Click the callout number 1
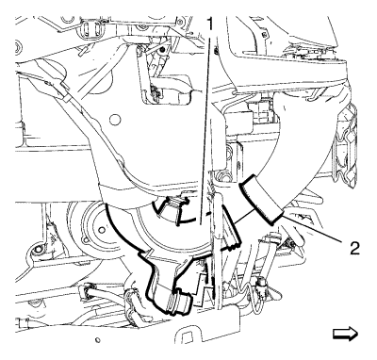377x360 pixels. tap(209, 24)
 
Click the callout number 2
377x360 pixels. tap(354, 249)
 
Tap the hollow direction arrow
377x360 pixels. tap(345, 334)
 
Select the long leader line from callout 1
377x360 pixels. tap(205, 128)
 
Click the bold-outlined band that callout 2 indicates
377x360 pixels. tap(262, 200)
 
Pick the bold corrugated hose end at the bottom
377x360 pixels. tap(180, 303)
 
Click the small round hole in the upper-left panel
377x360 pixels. tap(116, 120)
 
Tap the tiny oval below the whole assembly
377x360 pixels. tap(97, 340)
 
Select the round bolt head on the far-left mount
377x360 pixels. tap(38, 250)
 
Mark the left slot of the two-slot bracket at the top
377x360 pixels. tap(85, 27)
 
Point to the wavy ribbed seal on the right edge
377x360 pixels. tap(345, 141)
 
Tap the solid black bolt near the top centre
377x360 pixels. tap(162, 50)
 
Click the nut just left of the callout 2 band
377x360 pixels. tap(224, 177)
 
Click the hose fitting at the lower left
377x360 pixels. tap(88, 289)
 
